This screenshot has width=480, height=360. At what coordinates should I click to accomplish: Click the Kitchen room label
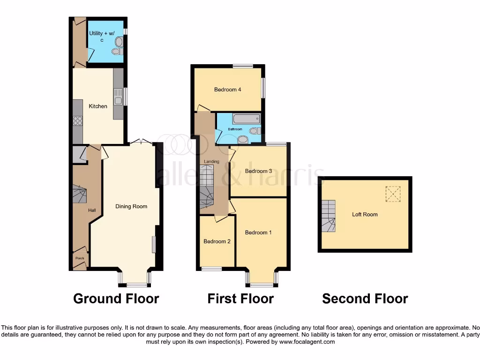point(98,106)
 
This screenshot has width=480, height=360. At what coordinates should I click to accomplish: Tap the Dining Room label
point(131,206)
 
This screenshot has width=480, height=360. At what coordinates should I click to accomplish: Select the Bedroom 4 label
point(227,90)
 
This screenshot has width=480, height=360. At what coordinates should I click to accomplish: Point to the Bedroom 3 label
point(258,171)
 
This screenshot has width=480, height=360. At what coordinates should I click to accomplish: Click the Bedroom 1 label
point(258,232)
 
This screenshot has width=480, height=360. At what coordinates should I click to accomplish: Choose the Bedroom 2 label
point(217,241)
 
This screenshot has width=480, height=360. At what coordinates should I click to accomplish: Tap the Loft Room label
point(365,215)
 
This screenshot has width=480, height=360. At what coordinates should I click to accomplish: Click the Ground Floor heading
point(116,299)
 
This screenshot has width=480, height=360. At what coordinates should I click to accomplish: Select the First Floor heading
point(240,299)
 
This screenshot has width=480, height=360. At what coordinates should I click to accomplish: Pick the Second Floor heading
point(365,299)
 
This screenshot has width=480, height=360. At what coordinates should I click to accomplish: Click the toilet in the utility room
point(118,43)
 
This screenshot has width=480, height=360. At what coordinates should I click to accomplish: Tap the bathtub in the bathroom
point(246,119)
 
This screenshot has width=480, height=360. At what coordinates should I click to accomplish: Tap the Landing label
point(211,162)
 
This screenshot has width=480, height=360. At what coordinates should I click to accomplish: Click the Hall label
point(92,210)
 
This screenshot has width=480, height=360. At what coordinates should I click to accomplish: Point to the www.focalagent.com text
point(307,342)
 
